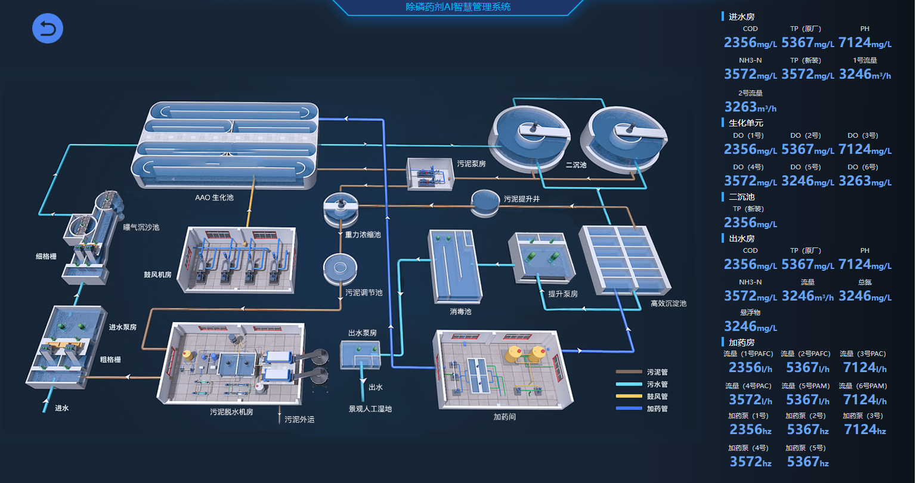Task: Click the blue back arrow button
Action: pyautogui.click(x=48, y=29)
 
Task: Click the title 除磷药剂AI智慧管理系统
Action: pyautogui.click(x=457, y=7)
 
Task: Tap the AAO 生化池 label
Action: pyautogui.click(x=214, y=197)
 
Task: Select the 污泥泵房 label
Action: pyautogui.click(x=471, y=163)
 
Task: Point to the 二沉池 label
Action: pyautogui.click(x=576, y=165)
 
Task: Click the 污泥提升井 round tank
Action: pyautogui.click(x=486, y=202)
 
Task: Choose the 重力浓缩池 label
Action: pyautogui.click(x=363, y=234)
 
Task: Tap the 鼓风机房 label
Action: pyautogui.click(x=157, y=275)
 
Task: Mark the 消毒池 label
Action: pyautogui.click(x=460, y=311)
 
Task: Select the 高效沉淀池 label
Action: pyautogui.click(x=669, y=304)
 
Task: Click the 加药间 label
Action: pyautogui.click(x=505, y=417)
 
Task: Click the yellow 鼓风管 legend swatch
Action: pyautogui.click(x=629, y=397)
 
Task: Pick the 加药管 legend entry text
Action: pyautogui.click(x=657, y=408)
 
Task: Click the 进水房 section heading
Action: pyautogui.click(x=741, y=17)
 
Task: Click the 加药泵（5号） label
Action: pyautogui.click(x=805, y=448)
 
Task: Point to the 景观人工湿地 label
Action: pyautogui.click(x=370, y=409)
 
